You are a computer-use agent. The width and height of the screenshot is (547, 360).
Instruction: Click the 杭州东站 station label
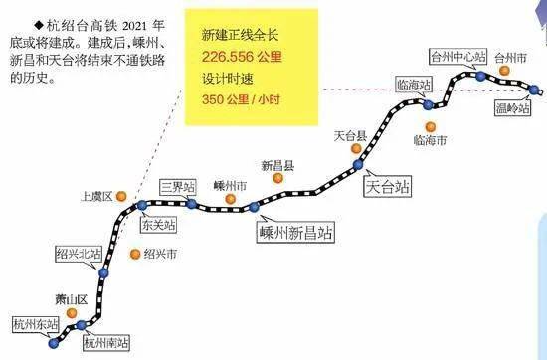34,324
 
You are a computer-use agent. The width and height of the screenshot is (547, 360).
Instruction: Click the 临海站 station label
413,84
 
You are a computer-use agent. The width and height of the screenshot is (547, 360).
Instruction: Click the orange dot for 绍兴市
134,253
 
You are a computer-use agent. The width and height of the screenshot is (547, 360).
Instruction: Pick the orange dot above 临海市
430,125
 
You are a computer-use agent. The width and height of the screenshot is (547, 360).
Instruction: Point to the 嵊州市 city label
230,185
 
